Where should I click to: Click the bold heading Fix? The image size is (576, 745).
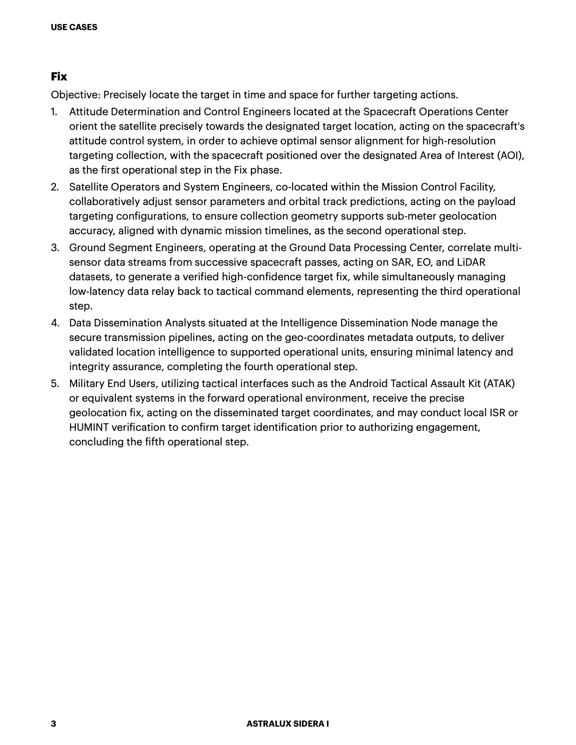59,77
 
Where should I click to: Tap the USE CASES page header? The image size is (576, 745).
74,27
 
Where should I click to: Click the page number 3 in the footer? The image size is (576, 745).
53,723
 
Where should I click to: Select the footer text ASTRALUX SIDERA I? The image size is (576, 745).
288,724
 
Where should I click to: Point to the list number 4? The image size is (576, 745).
55,323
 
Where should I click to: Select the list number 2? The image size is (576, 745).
55,187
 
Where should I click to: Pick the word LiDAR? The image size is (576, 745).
471,262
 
